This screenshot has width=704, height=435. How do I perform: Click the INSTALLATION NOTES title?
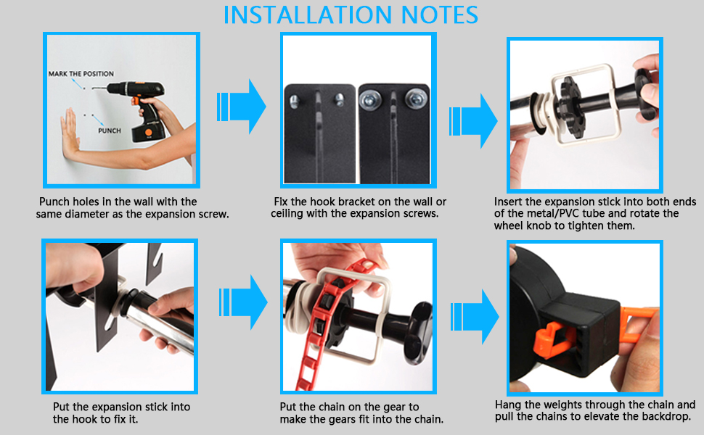(x=351, y=14)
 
